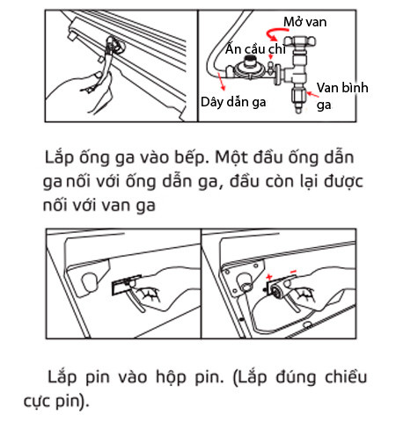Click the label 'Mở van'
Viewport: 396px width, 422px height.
304,22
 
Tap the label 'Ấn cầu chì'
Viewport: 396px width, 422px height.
255,49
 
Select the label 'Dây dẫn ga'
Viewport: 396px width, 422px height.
233,102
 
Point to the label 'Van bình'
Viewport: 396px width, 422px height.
342,88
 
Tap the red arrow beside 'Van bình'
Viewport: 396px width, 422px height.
312,94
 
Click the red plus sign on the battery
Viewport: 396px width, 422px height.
269,277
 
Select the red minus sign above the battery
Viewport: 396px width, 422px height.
293,272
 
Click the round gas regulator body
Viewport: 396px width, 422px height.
246,69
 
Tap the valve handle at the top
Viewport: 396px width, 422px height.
299,40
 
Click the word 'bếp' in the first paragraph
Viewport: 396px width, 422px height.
193,158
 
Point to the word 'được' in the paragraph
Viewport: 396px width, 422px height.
343,181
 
